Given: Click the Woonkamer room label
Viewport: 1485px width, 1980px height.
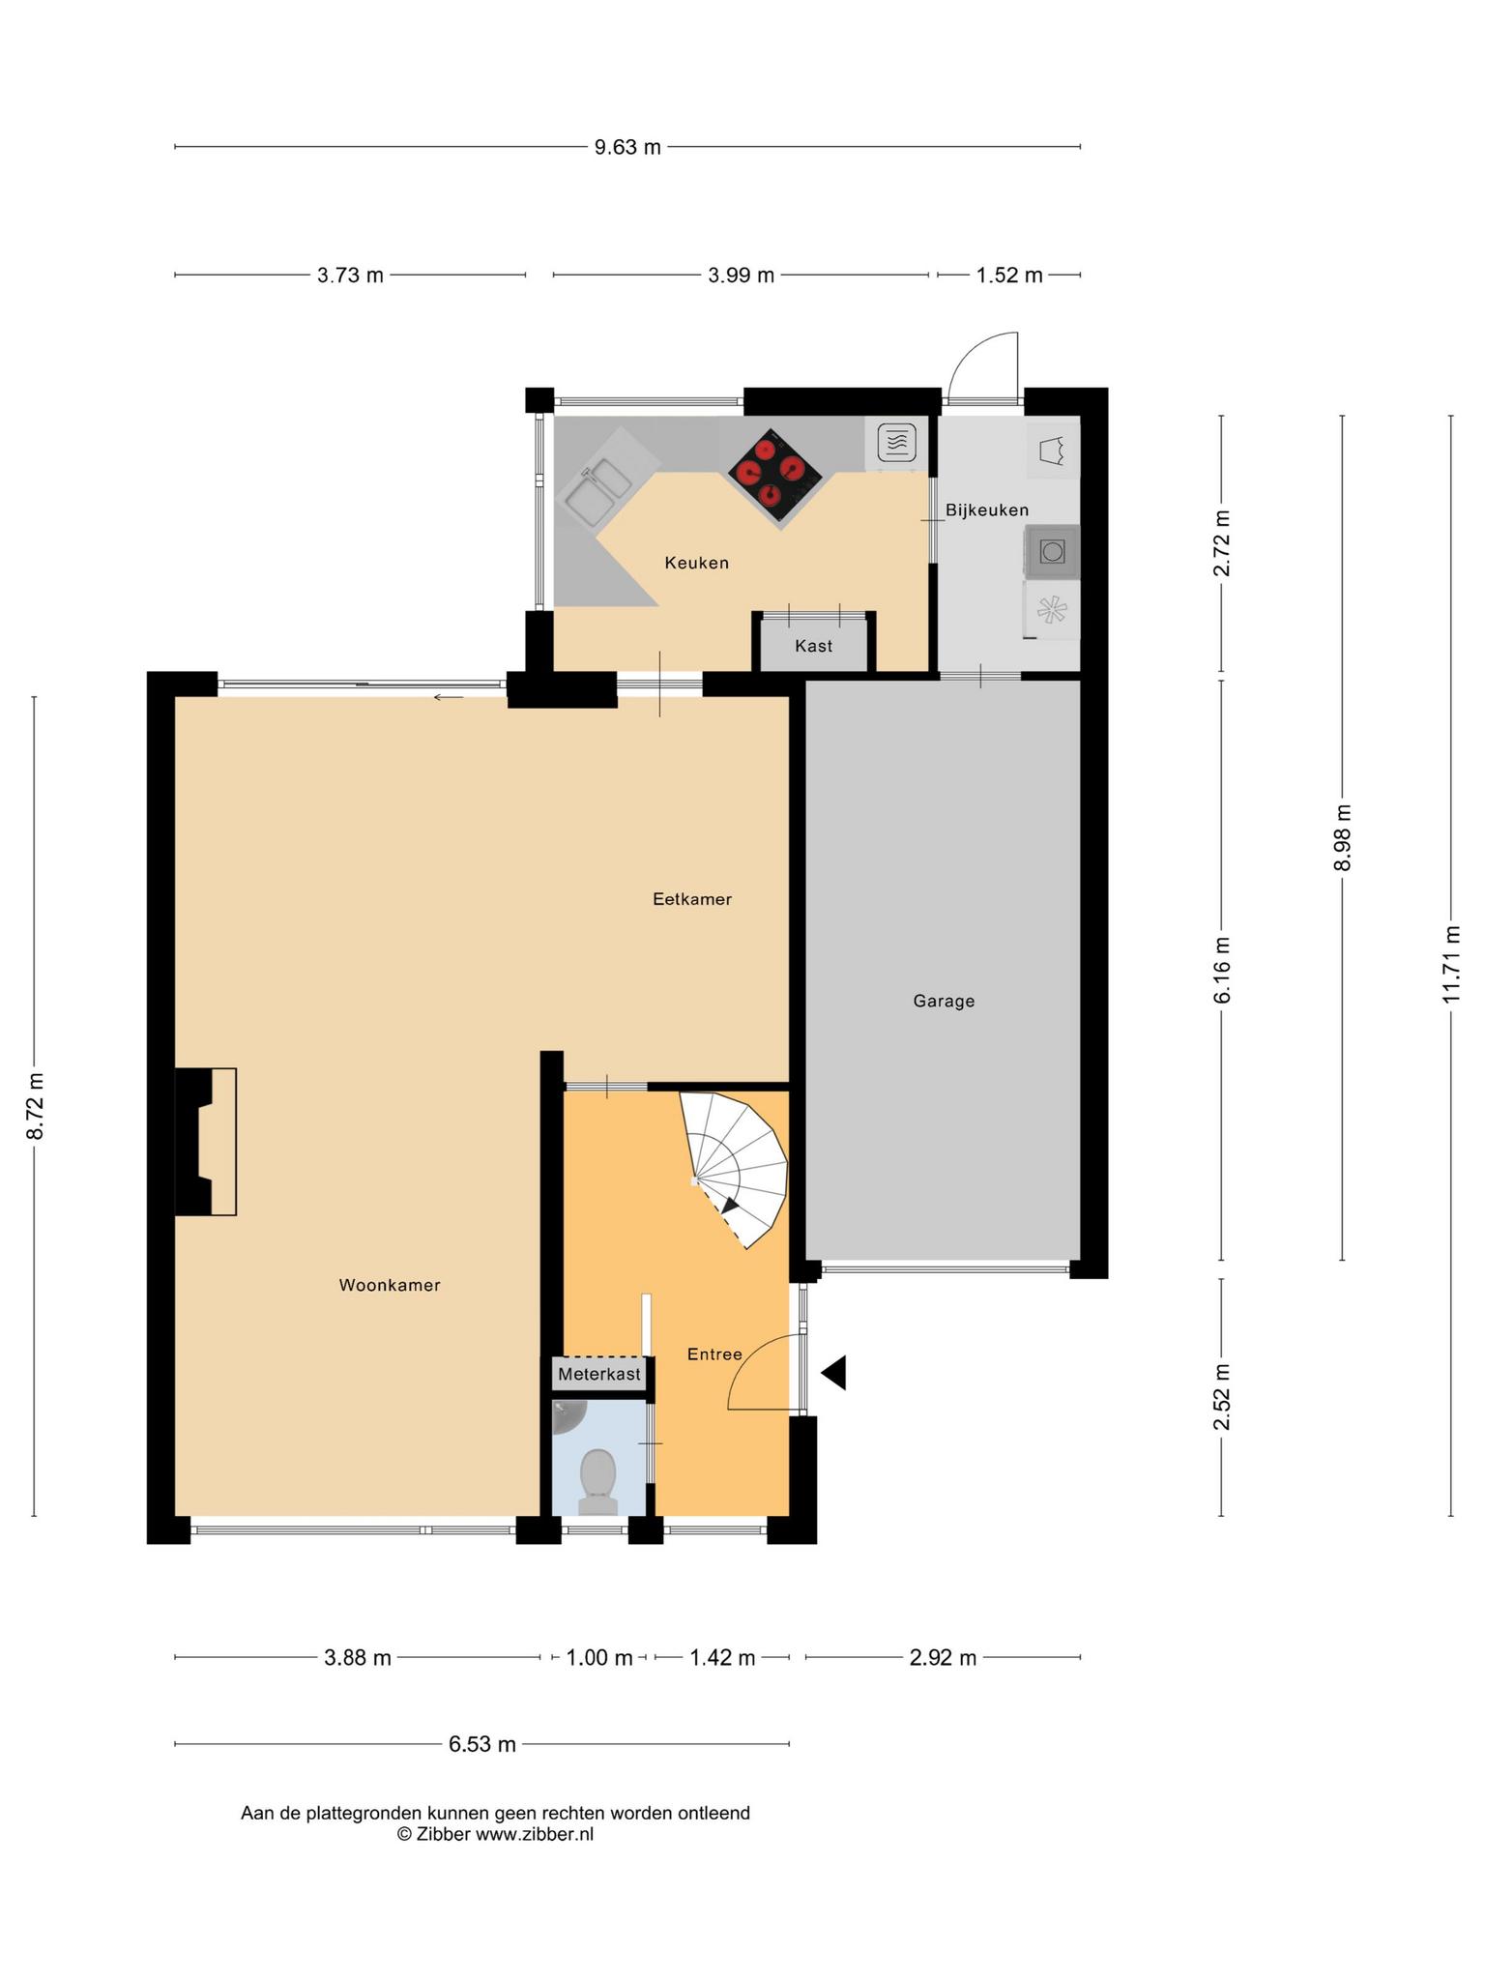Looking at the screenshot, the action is click(390, 1285).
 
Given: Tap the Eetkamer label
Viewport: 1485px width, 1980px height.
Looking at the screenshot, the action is click(692, 899).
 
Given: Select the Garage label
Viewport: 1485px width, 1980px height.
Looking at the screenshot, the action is click(944, 1002).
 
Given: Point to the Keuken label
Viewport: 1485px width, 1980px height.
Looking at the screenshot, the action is click(696, 563).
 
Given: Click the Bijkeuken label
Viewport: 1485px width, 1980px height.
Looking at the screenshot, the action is click(987, 510).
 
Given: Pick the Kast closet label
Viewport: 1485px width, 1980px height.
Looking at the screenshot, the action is click(814, 646).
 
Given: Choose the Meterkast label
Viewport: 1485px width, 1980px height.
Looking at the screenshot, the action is click(599, 1374).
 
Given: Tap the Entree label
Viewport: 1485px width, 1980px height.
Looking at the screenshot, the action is click(714, 1354).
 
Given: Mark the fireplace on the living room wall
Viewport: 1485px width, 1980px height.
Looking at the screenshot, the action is click(205, 1141).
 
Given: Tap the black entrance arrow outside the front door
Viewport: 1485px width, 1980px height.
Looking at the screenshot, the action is click(833, 1373).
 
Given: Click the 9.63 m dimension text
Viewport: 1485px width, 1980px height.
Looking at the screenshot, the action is click(627, 147).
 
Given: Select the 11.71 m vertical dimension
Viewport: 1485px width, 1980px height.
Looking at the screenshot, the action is click(1450, 964).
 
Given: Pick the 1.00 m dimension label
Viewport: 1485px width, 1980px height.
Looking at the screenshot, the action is click(599, 1658).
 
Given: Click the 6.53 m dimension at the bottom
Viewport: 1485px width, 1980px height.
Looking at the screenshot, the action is click(481, 1745).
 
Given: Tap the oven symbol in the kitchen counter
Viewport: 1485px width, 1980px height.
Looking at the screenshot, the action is click(897, 443).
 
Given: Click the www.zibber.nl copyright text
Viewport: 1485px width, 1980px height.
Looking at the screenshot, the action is click(495, 1834).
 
